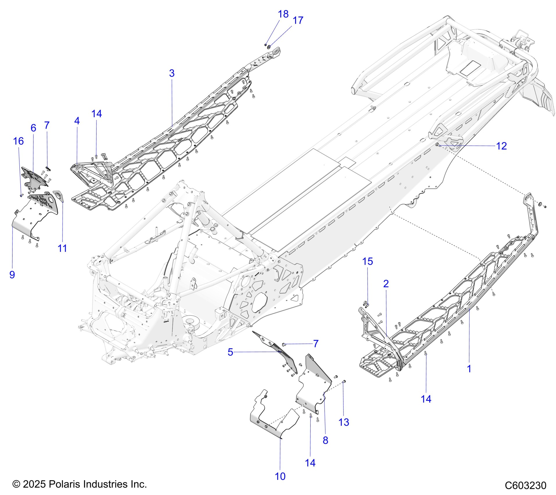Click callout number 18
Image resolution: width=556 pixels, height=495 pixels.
coord(283,14)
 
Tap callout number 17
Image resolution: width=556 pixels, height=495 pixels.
coord(298,20)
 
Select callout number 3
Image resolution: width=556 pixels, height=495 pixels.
coord(172,73)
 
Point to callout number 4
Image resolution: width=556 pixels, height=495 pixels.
coord(77,121)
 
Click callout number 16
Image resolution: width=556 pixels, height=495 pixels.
coord(18,141)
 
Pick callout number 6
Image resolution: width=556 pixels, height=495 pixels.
coord(33,128)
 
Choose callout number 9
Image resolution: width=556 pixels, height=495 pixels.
coord(12,274)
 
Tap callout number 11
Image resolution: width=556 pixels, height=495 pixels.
coord(62,248)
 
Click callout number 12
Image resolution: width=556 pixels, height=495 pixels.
coord(501,146)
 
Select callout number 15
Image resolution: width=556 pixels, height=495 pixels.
coord(367,261)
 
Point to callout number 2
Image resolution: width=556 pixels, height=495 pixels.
coord(386,284)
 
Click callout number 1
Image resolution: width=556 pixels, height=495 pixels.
coord(469,369)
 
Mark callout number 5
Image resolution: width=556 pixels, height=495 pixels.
coord(230,352)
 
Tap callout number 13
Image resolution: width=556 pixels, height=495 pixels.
coord(344,422)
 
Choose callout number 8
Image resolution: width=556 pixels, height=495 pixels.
coord(325,440)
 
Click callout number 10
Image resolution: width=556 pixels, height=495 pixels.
coord(280,476)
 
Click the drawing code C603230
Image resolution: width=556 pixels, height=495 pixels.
coord(525,485)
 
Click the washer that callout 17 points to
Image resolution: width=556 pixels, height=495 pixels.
coord(269,47)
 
